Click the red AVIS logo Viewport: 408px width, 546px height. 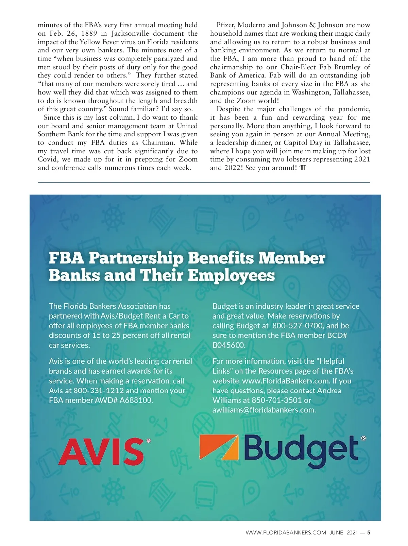[101, 451]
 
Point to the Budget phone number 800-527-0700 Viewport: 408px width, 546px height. [297, 326]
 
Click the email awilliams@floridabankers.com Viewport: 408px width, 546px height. [263, 410]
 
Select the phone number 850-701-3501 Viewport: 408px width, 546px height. [276, 400]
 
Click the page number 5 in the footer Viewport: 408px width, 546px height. [369, 533]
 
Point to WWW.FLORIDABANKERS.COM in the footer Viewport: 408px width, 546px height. [286, 533]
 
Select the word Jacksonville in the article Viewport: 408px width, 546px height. [130, 33]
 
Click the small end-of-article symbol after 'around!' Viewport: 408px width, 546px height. [303, 168]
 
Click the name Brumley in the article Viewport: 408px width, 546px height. [345, 67]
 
